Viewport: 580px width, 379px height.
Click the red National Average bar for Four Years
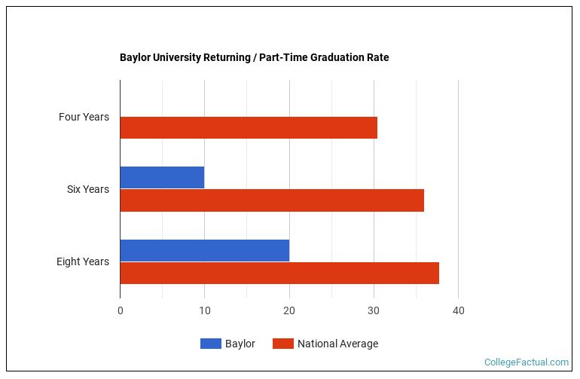point(249,128)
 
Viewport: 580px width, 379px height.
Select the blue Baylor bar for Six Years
point(162,178)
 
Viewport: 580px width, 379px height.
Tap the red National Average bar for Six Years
point(272,200)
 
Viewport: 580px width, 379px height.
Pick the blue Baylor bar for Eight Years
point(204,250)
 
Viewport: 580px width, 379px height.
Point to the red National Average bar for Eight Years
point(279,273)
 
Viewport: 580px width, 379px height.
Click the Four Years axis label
point(84,117)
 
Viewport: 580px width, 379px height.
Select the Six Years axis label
point(87,189)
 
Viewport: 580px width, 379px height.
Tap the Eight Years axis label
point(82,261)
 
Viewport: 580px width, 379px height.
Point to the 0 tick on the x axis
point(120,310)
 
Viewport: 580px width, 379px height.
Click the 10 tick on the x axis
point(204,310)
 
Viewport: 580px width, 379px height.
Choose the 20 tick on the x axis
point(289,310)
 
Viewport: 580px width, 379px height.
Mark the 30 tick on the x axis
point(374,310)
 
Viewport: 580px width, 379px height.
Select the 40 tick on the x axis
point(458,310)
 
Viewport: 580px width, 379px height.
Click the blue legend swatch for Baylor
point(210,344)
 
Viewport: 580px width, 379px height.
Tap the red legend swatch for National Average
point(282,344)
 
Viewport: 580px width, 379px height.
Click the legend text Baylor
point(240,344)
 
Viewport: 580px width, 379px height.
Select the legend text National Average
point(337,344)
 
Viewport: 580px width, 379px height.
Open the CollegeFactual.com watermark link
point(526,362)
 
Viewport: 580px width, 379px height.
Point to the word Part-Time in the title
point(282,57)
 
